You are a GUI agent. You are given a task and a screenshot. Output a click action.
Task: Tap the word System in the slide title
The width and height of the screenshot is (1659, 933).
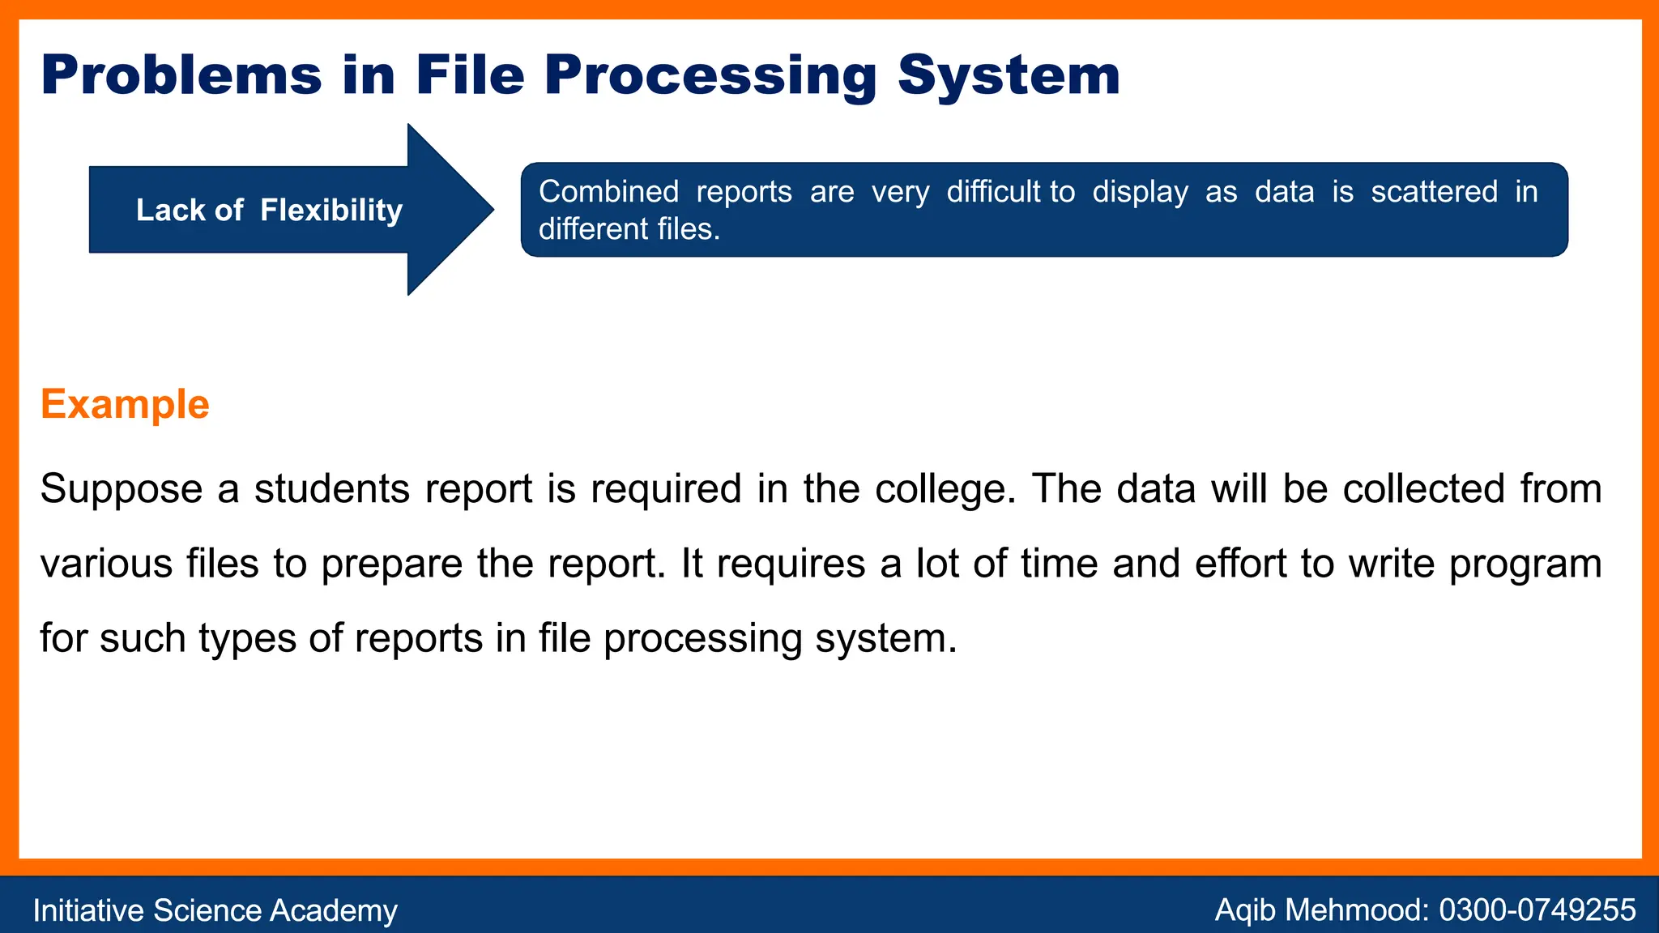click(1009, 75)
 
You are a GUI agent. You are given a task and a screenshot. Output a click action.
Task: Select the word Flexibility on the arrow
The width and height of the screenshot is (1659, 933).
click(331, 211)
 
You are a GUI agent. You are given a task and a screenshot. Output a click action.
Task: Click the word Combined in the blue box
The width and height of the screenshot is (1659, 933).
click(608, 192)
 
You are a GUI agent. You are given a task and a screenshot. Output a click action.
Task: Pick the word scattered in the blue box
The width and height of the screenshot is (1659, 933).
click(1434, 192)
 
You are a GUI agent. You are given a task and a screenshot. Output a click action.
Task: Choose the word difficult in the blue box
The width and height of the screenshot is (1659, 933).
click(993, 192)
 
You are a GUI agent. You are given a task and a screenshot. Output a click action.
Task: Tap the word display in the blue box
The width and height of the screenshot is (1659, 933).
click(1140, 193)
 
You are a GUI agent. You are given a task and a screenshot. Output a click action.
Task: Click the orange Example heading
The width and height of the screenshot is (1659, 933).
click(125, 404)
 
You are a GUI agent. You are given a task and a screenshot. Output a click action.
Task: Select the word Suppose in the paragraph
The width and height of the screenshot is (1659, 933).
click(121, 489)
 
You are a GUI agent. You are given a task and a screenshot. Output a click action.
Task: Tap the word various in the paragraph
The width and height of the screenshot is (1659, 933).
click(106, 564)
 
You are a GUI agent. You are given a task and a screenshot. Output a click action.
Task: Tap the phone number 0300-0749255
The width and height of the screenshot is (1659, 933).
click(1537, 910)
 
